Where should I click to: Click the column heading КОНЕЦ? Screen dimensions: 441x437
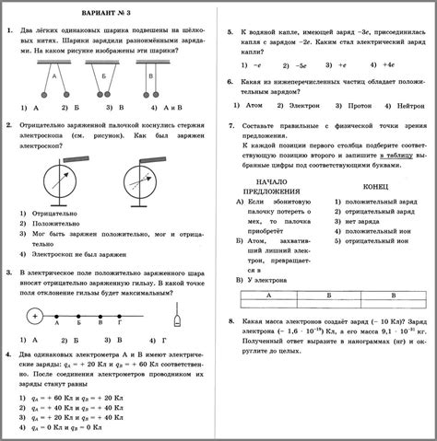tap(379, 185)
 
